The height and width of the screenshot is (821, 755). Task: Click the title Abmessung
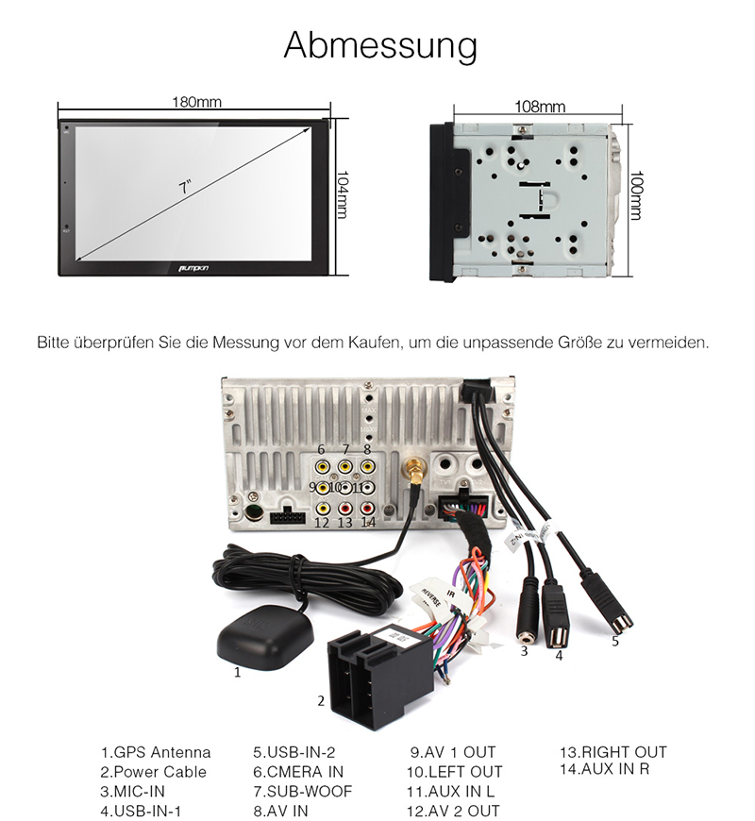(x=380, y=44)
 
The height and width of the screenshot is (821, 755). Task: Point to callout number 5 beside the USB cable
(x=615, y=641)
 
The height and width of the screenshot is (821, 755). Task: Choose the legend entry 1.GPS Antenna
(x=156, y=752)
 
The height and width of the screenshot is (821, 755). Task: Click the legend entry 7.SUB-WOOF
(x=302, y=791)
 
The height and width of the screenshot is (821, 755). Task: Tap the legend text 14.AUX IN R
(x=605, y=768)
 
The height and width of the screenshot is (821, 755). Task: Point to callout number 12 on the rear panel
(x=323, y=521)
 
